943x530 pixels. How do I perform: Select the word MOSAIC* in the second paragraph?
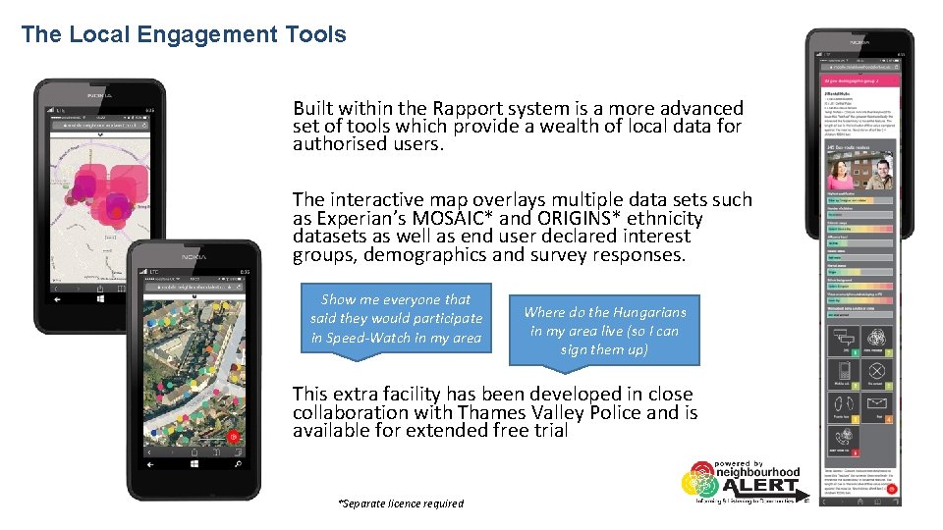click(x=477, y=218)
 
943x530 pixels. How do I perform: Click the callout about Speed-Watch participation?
click(x=396, y=319)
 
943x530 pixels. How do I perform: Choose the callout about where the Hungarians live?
click(x=604, y=331)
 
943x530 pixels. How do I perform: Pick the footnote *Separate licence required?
click(x=401, y=503)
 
